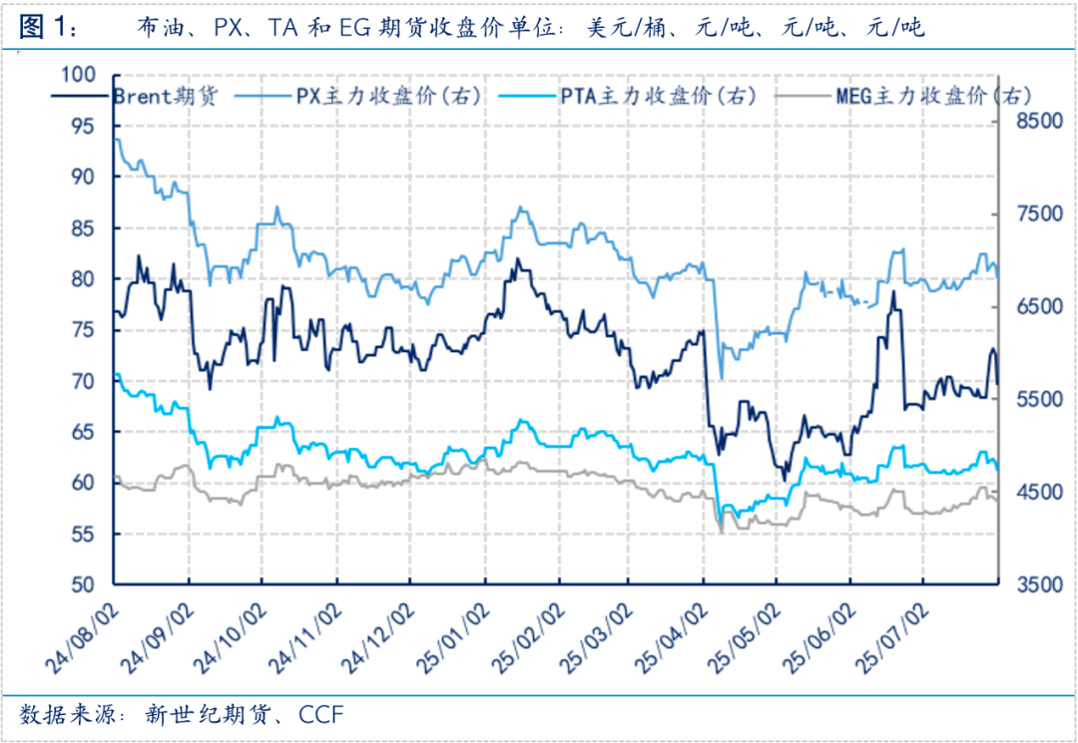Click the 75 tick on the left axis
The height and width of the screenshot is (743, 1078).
click(83, 330)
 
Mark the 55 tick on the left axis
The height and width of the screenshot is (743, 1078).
click(83, 535)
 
